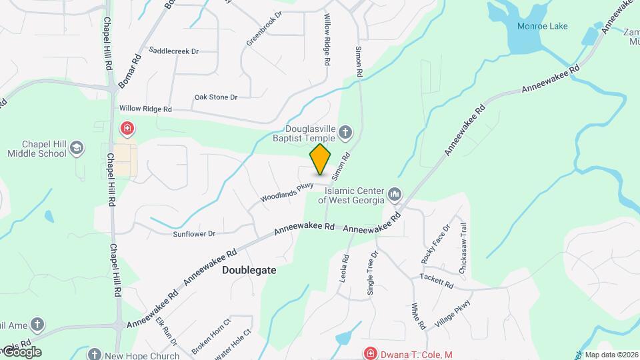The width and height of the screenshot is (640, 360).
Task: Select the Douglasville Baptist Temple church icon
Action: point(345,132)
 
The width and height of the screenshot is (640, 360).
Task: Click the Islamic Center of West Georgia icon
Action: point(394,194)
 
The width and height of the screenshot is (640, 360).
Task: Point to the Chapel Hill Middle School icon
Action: point(77,148)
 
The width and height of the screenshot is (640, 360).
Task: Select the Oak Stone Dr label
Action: point(215,97)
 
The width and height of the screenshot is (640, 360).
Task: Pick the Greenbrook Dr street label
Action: point(264,29)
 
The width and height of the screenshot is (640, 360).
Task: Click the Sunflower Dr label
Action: point(194,234)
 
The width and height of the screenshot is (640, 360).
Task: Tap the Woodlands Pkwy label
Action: point(287,192)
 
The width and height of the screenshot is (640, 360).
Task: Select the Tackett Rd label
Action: point(437,280)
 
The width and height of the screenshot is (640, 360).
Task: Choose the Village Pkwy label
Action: point(453,313)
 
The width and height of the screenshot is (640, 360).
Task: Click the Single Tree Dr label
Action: point(372,273)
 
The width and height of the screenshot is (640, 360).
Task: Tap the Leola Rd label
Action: point(345,267)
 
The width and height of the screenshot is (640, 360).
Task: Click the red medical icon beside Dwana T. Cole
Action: point(369,353)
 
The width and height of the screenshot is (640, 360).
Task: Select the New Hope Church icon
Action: point(95,355)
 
